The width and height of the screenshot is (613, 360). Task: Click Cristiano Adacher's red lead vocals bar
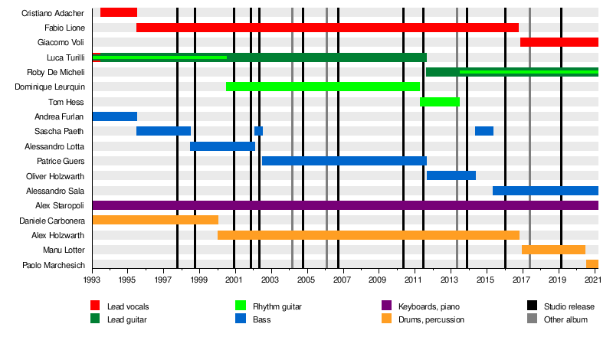(x=119, y=12)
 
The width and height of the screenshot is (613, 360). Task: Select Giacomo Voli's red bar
(x=559, y=42)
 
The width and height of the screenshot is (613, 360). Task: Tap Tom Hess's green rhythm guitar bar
(x=439, y=102)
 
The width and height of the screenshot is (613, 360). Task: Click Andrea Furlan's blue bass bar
(x=115, y=116)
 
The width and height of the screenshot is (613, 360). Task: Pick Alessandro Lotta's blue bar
(x=222, y=146)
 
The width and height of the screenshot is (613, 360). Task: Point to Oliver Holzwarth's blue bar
(x=451, y=175)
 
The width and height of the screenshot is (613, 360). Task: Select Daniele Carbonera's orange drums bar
(x=155, y=220)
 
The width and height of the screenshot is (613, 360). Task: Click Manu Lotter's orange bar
(x=553, y=250)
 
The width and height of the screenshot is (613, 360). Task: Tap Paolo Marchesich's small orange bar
(x=592, y=264)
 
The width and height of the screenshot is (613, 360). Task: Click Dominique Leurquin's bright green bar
(x=323, y=87)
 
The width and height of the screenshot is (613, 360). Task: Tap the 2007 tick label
(x=342, y=281)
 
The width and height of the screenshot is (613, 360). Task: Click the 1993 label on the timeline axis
(x=93, y=281)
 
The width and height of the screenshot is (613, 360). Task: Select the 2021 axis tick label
(x=597, y=281)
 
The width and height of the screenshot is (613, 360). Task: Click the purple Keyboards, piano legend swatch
(x=387, y=306)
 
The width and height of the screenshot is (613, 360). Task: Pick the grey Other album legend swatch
(x=533, y=319)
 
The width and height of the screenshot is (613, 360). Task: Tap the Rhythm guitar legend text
(x=277, y=306)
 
